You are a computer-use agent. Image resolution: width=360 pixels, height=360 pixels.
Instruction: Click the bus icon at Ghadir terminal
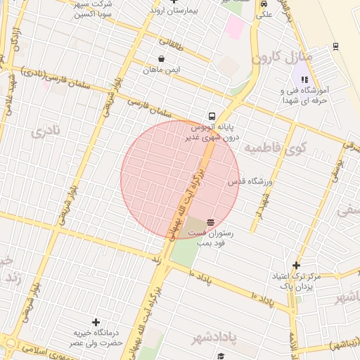pos(212,116)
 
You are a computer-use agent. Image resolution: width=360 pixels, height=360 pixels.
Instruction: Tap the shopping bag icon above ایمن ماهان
pos(162,59)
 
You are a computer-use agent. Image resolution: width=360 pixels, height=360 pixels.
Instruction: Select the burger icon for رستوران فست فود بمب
pos(211,221)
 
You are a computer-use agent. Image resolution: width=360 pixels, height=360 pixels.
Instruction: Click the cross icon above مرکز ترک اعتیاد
pos(297,265)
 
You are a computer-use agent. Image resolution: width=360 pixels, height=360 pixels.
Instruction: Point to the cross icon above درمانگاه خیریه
pos(96,322)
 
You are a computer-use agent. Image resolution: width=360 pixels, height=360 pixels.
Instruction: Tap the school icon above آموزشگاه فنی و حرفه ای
pos(304,80)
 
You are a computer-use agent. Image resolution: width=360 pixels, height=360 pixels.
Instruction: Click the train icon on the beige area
pos(335,46)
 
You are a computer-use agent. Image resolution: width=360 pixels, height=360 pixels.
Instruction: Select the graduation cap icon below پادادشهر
pos(220,356)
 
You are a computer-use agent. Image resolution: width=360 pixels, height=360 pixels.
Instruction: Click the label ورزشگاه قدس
pos(250,181)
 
